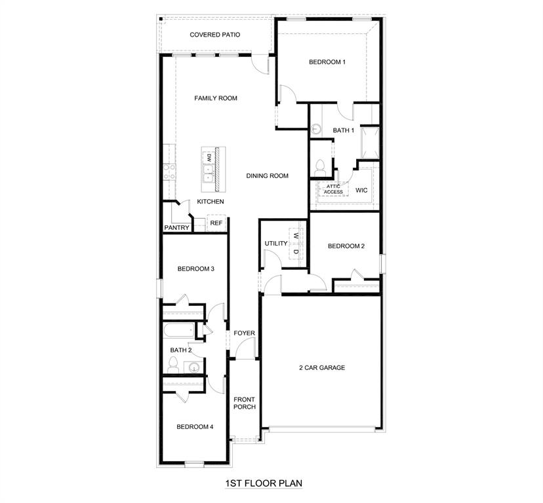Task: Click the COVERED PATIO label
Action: point(215,35)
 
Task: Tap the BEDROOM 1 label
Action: point(327,62)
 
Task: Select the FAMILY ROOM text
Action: point(216,98)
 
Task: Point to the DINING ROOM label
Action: point(268,176)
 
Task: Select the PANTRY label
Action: point(176,228)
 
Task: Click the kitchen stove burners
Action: point(169,172)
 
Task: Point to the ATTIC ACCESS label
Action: point(333,189)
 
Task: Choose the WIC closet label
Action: point(361,191)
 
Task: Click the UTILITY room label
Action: point(276,244)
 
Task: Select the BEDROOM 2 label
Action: point(346,246)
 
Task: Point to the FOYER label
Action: point(245,333)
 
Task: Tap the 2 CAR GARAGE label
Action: point(322,367)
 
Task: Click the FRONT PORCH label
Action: point(245,403)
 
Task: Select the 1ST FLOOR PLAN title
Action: point(264,483)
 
